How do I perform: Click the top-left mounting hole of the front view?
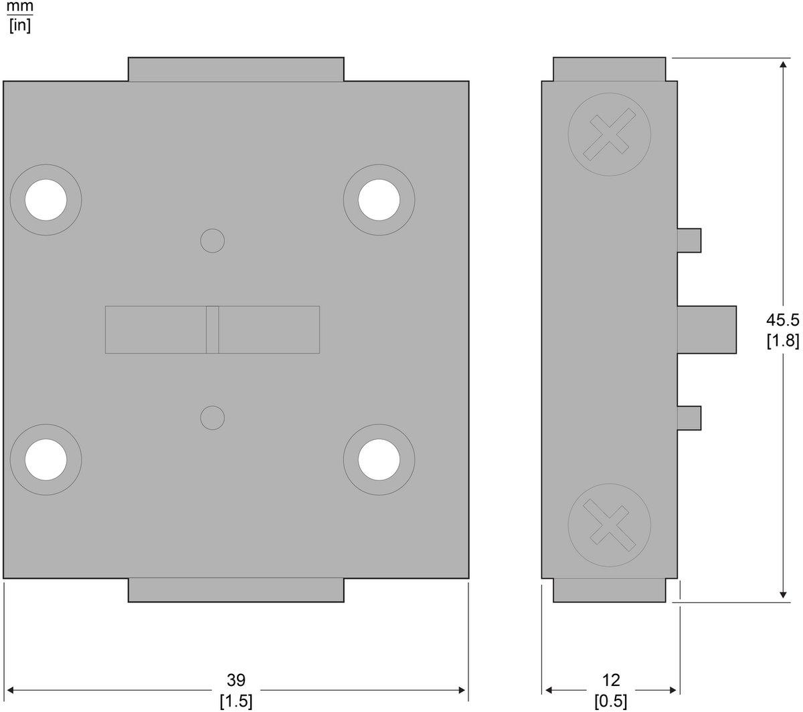point(46,200)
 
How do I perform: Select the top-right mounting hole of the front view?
point(379,200)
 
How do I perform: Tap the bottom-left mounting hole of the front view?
point(46,460)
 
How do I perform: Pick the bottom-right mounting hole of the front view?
point(379,460)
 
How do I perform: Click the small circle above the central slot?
point(212,241)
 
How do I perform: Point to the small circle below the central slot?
point(212,418)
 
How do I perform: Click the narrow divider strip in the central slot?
point(212,330)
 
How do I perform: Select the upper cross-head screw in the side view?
point(609,134)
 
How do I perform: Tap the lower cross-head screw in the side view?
point(609,525)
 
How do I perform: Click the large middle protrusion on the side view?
point(707,330)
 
